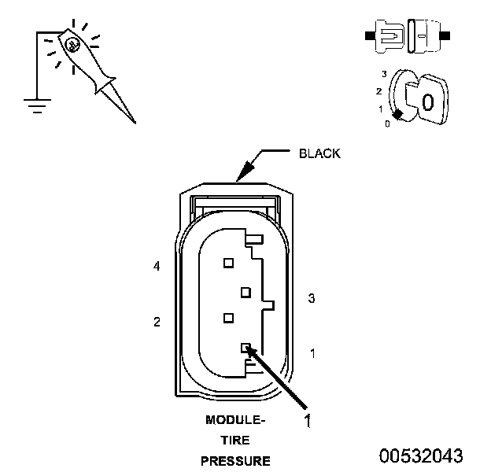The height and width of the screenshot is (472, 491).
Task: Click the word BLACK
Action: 319,153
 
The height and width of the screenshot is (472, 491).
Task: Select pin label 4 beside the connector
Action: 157,267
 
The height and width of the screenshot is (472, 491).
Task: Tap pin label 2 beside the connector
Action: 157,322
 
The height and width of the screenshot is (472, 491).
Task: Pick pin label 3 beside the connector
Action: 312,298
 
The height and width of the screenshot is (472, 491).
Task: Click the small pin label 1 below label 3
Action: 312,353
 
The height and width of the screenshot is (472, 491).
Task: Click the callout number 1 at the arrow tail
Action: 308,421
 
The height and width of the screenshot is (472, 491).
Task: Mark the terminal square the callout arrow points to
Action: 246,348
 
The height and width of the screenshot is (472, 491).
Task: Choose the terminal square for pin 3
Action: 245,292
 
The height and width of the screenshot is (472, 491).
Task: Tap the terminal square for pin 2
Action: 228,318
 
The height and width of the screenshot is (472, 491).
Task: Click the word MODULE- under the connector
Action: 235,420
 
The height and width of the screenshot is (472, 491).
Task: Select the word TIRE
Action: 235,441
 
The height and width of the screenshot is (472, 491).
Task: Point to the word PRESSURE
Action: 235,461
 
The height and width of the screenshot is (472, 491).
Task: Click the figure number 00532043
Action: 421,455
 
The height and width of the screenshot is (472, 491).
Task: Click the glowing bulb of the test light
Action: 72,46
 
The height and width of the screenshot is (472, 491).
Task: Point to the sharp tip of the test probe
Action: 134,122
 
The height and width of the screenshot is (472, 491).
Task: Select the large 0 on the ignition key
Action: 427,102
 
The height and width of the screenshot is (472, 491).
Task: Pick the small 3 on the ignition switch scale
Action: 383,73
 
